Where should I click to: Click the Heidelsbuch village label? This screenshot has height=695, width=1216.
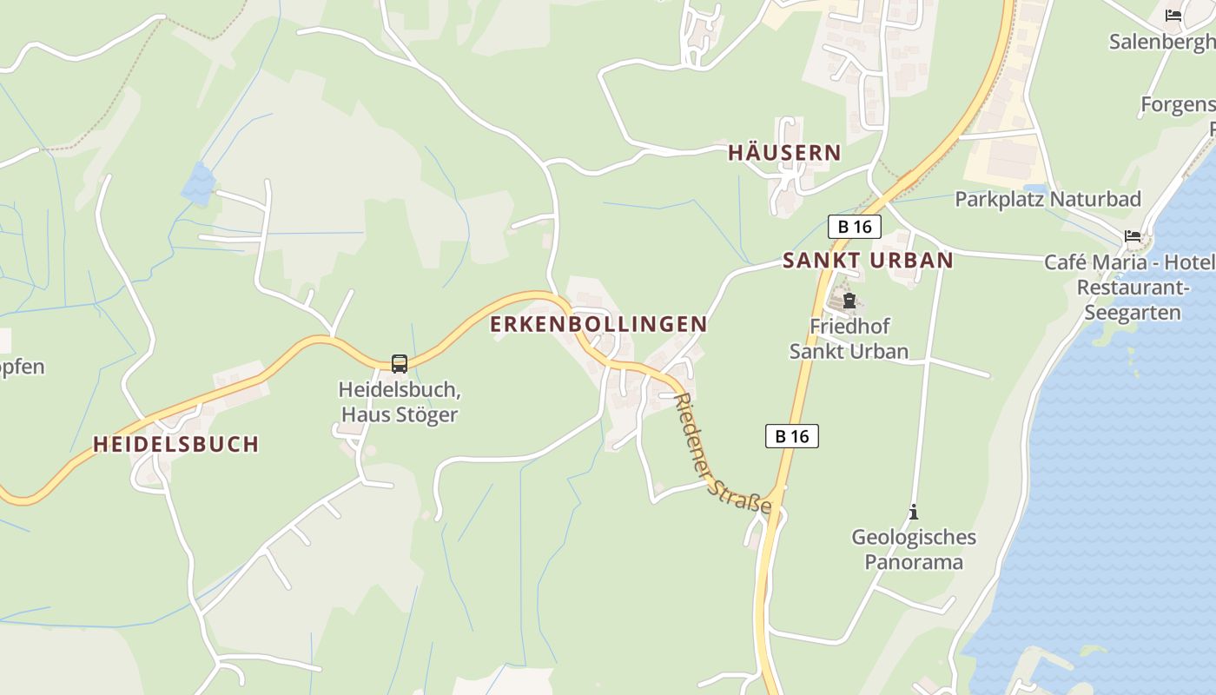(176, 444)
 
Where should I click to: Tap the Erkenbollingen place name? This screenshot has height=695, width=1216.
(598, 324)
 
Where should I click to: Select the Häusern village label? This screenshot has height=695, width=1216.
(784, 153)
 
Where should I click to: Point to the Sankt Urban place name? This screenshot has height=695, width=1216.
(868, 260)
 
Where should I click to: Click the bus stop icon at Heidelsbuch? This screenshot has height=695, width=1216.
(400, 363)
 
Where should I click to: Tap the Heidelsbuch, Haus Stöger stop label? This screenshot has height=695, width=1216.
(399, 401)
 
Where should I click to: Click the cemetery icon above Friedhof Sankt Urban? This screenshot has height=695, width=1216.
(849, 301)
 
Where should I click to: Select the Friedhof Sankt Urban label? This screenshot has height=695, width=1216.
(849, 339)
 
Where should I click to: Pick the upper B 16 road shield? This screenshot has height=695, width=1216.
(855, 227)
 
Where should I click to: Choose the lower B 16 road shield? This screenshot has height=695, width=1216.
(791, 436)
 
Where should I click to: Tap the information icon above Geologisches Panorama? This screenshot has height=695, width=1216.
(913, 513)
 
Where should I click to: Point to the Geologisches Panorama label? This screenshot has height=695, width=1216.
(913, 549)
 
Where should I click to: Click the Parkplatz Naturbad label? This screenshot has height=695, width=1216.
(1047, 199)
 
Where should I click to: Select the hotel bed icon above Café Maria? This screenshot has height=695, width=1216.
(1132, 235)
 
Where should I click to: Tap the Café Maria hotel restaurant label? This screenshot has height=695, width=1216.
(1130, 288)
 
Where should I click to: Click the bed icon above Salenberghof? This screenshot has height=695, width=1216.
(1173, 15)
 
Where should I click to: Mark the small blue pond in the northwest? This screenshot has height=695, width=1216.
(198, 184)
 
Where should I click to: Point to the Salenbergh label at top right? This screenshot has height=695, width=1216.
(1161, 41)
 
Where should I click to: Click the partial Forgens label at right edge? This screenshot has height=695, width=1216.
(1177, 105)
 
